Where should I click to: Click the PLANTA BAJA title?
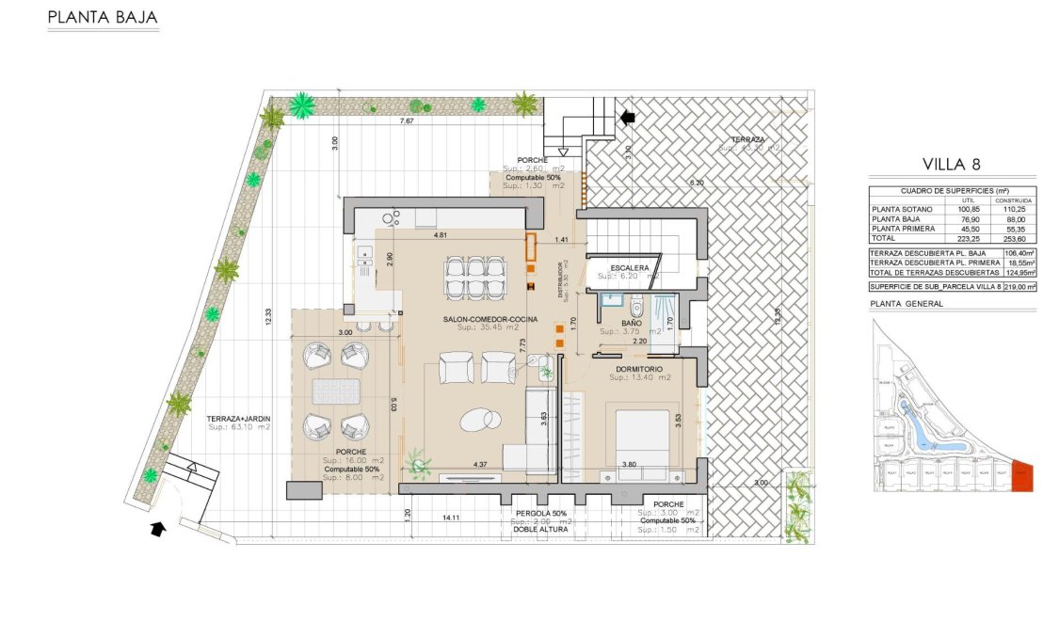[103, 18]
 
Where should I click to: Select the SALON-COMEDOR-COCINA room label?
[490, 319]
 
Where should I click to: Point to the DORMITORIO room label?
[640, 368]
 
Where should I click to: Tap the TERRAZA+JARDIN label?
[238, 418]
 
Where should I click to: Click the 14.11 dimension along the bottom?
[450, 518]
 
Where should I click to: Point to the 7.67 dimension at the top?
[407, 122]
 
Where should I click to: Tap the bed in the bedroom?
[642, 441]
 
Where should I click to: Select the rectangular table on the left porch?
[333, 390]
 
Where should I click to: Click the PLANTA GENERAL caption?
[907, 304]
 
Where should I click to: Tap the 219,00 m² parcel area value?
[1019, 286]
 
